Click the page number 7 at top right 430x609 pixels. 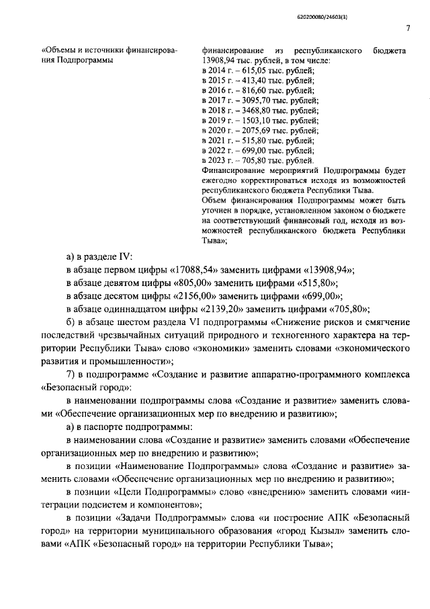point(408,28)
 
